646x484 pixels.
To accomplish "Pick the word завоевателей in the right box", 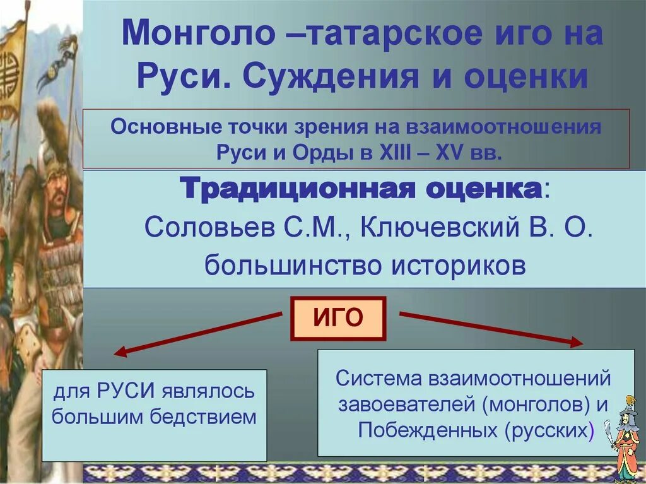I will click(x=404, y=404).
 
